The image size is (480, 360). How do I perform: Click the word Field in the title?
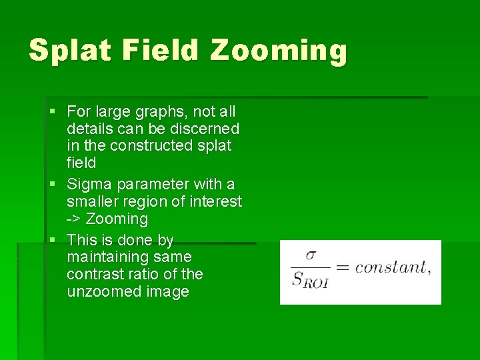coord(169,51)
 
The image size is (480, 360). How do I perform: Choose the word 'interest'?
coord(217,201)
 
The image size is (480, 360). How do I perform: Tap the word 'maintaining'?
coord(108,257)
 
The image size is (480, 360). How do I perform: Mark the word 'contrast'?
coord(93,274)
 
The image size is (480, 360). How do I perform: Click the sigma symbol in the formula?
coord(311,256)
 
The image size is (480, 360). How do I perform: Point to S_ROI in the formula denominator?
coord(311,281)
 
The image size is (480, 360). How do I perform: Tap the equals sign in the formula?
coord(343,268)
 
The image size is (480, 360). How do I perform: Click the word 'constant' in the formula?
coord(390,268)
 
